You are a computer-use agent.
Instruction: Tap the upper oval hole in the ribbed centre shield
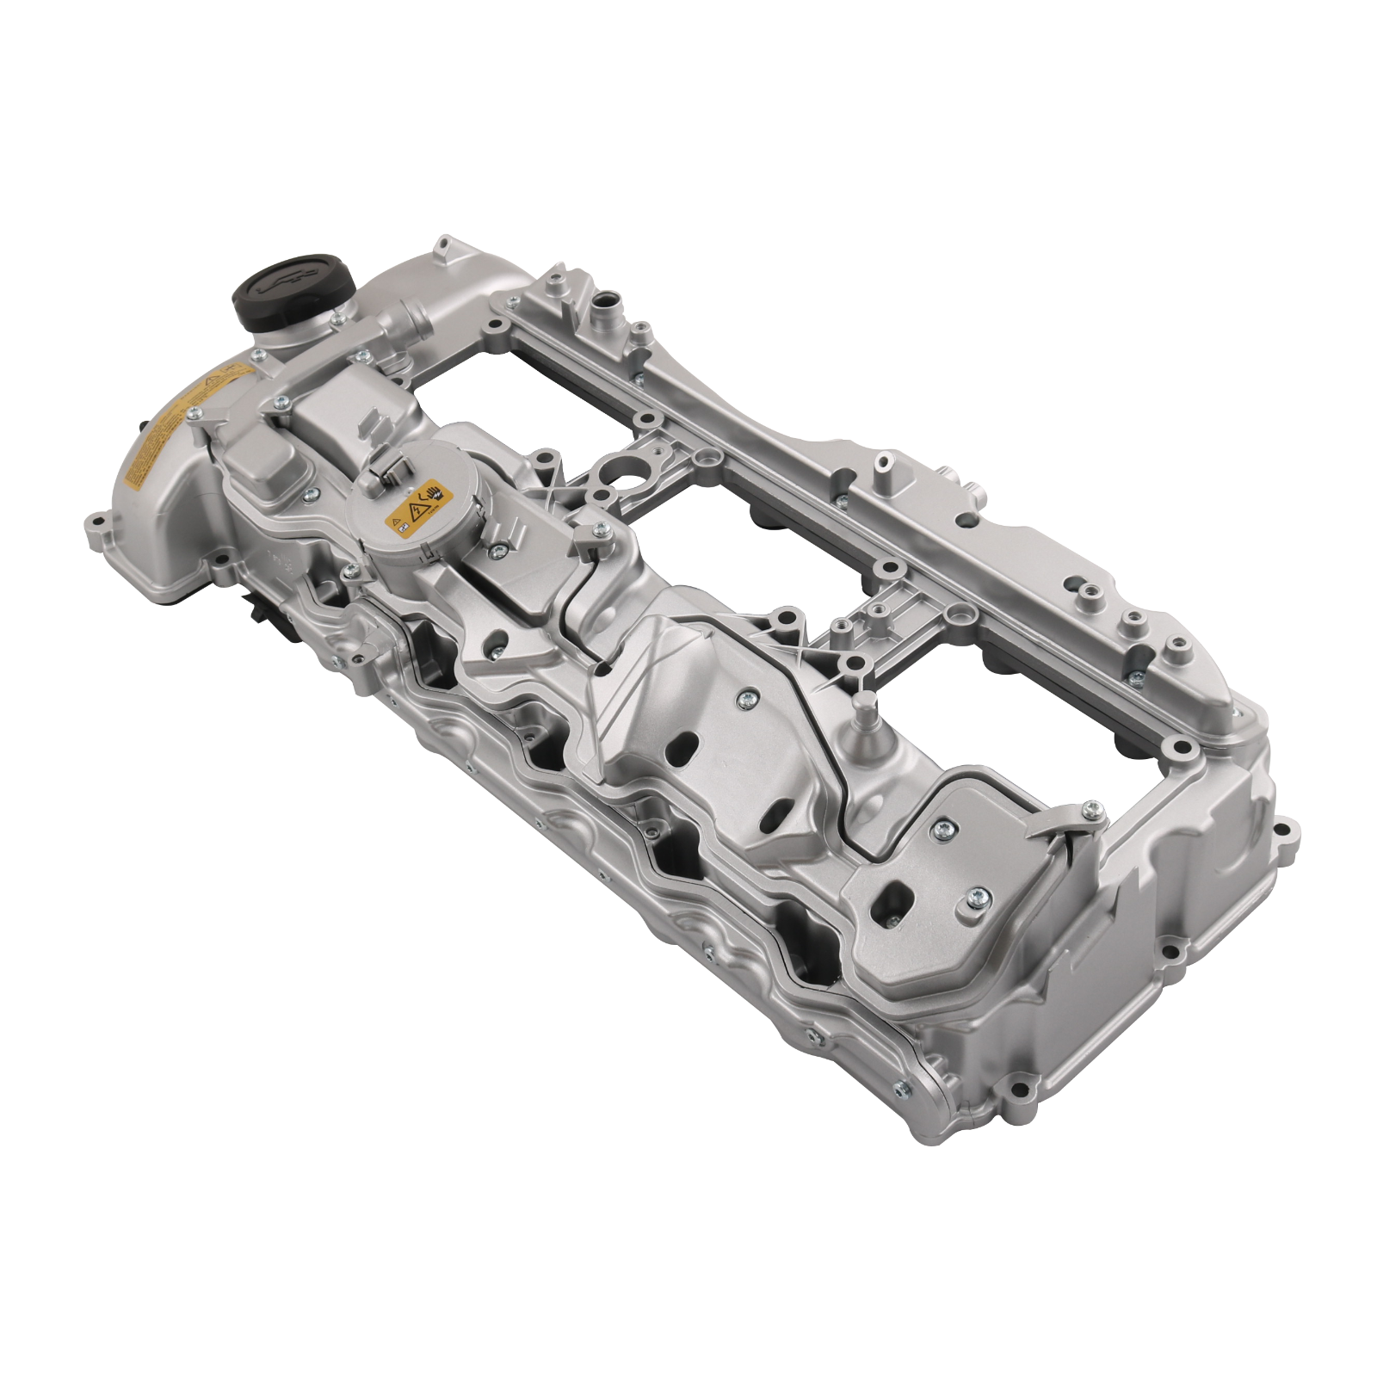click(x=686, y=741)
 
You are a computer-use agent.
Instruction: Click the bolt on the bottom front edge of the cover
click(x=899, y=1088)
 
